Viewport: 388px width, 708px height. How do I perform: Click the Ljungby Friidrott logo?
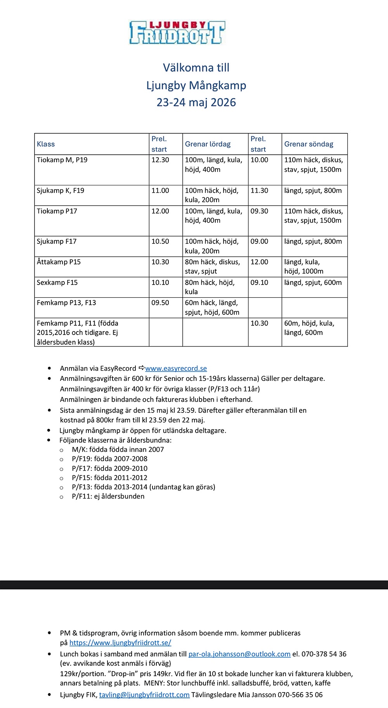[177, 33]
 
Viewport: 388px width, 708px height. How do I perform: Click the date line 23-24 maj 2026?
[196, 102]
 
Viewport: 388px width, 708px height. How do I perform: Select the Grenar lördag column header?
[208, 144]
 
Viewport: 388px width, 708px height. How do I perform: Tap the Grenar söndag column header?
[308, 144]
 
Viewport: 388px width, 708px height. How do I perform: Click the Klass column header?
[46, 144]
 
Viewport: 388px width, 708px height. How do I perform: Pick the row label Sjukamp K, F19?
[61, 190]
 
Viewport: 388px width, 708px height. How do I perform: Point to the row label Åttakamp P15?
[59, 262]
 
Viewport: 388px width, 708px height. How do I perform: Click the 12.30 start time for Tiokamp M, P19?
[160, 160]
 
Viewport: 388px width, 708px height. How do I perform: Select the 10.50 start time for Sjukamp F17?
[160, 241]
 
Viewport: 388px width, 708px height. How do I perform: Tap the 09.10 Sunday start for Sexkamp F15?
[259, 282]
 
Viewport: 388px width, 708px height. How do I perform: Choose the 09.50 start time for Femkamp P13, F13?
[160, 302]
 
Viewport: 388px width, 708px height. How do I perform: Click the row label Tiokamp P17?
[57, 211]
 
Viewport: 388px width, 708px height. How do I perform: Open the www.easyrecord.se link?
[176, 368]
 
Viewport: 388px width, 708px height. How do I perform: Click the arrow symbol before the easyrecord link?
[142, 368]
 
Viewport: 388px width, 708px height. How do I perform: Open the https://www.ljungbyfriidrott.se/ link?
[120, 642]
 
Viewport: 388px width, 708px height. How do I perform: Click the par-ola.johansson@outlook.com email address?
[239, 654]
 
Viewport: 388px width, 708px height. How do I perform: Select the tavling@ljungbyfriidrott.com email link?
[144, 694]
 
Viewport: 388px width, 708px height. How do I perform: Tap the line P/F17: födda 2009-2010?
[109, 468]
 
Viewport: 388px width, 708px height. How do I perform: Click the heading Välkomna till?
[196, 68]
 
